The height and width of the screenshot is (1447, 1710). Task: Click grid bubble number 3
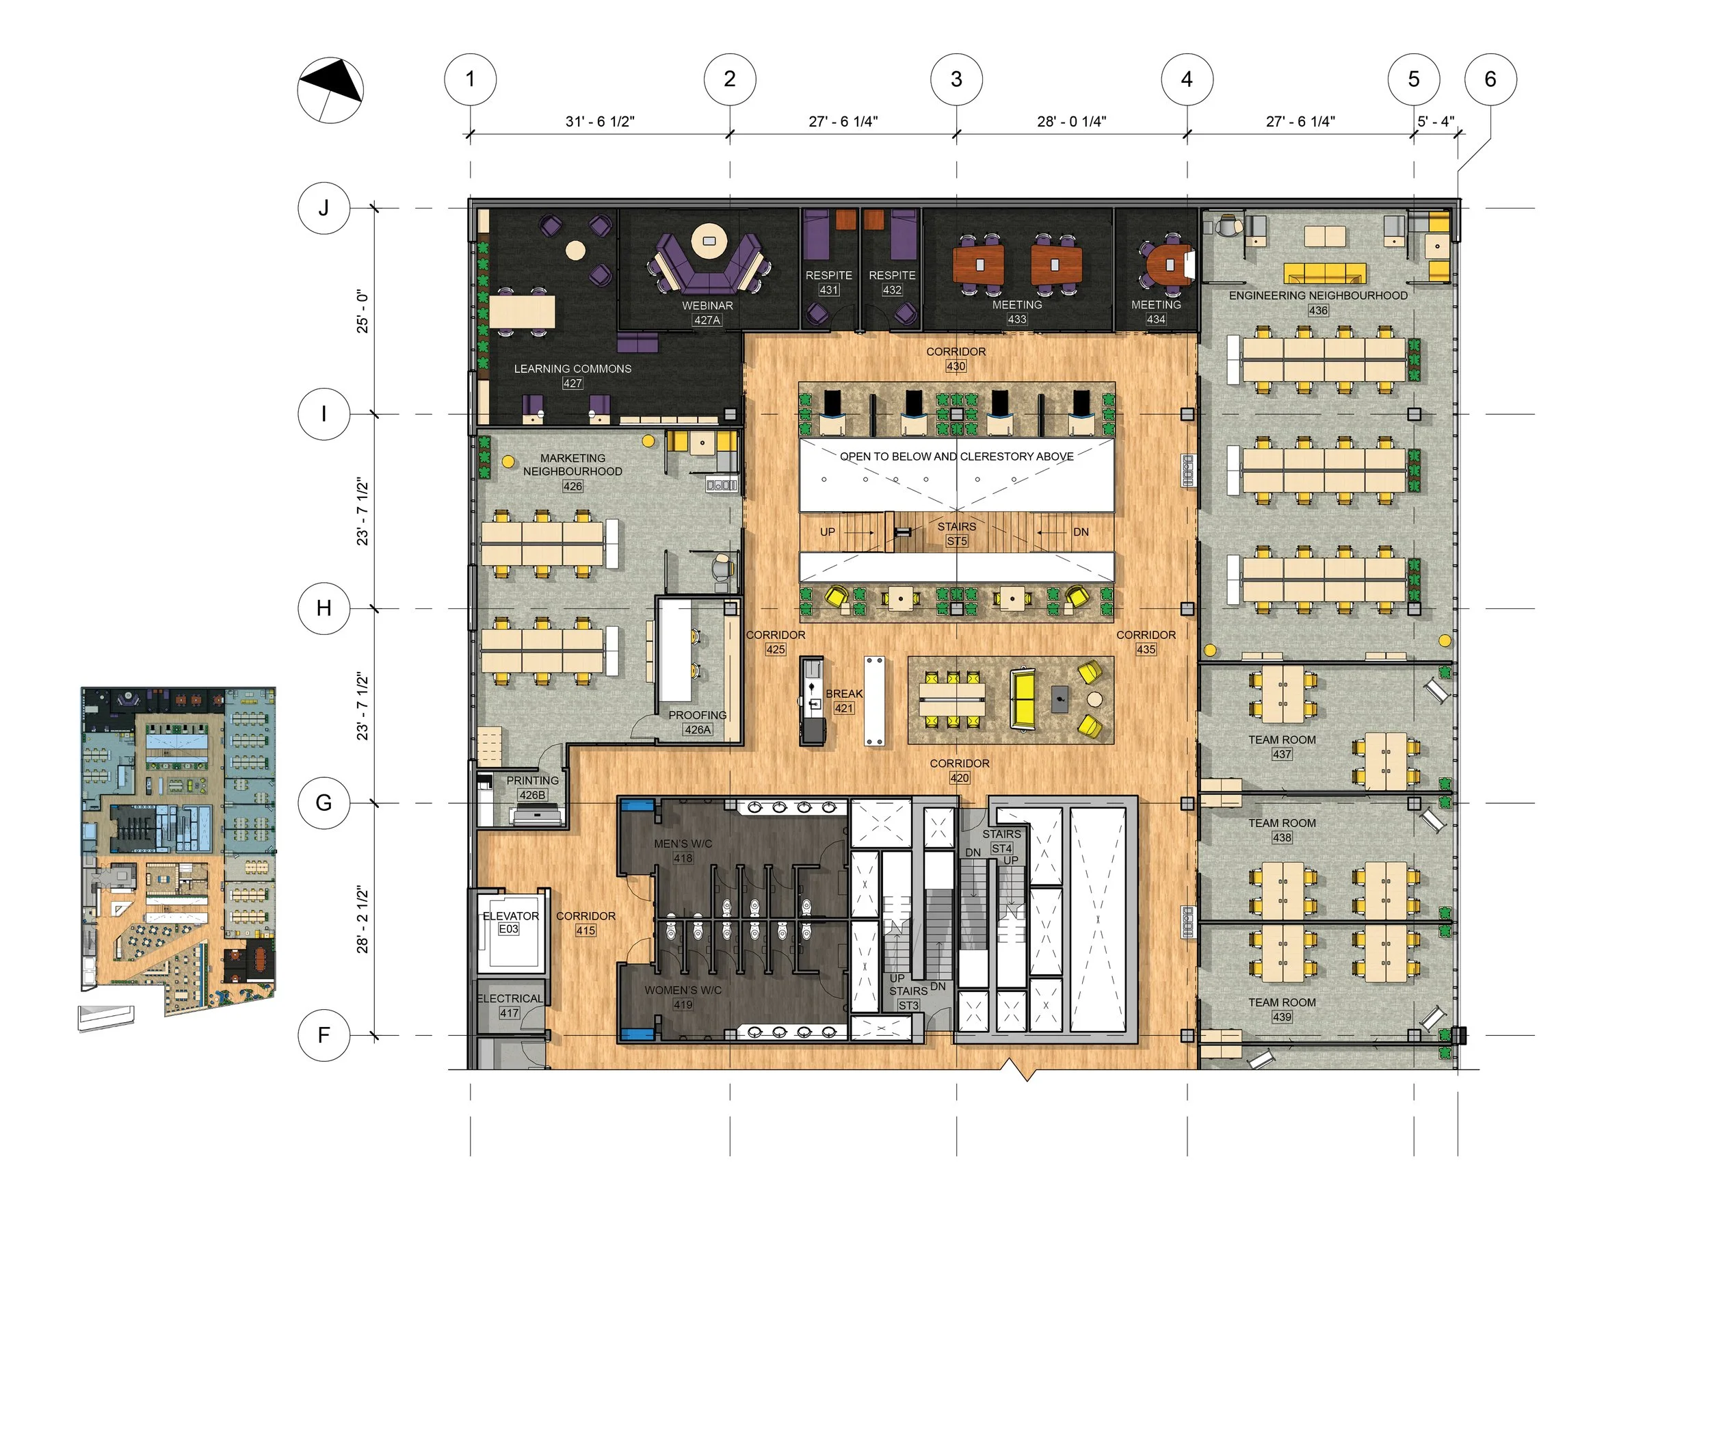point(956,79)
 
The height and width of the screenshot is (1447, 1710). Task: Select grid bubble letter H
point(324,608)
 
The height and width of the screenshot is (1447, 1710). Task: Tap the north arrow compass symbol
point(330,90)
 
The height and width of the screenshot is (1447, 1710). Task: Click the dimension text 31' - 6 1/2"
point(599,121)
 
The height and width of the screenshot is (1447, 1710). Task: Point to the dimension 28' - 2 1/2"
point(363,918)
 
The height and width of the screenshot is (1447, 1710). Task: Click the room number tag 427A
point(707,320)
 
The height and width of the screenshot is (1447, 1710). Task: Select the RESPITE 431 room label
point(828,282)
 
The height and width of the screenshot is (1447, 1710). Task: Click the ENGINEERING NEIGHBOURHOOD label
point(1317,296)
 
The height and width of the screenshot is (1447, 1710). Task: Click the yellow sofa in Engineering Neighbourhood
point(1324,273)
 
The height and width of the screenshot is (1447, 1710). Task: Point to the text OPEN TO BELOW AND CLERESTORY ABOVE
point(956,456)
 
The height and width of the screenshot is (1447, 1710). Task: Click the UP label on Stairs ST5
point(828,532)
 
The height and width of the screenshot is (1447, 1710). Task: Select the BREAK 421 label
point(844,701)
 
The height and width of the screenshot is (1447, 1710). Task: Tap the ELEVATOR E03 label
point(510,922)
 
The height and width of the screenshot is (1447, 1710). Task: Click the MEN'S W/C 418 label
point(683,850)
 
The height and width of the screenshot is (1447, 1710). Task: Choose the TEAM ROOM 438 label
point(1282,829)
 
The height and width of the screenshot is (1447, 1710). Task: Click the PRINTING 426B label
point(532,787)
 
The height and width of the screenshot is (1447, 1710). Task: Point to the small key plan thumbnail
point(178,853)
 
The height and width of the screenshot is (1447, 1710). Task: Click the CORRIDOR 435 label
point(1146,642)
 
